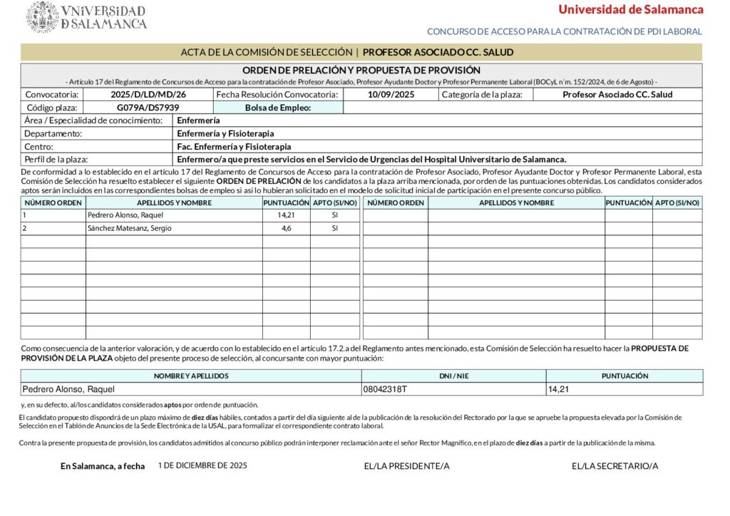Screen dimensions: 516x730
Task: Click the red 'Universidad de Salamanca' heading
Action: [x=630, y=9]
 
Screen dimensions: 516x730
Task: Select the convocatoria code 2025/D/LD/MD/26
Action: [x=148, y=94]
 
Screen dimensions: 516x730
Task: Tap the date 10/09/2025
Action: [x=391, y=94]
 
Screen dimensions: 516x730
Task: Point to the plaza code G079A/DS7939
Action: [x=148, y=108]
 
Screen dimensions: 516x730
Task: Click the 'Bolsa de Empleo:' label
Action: [x=278, y=108]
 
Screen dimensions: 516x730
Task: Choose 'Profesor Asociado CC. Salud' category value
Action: [x=617, y=94]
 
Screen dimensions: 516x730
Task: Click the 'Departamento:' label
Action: [x=53, y=133]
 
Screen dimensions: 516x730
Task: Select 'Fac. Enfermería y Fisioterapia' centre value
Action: [x=234, y=146]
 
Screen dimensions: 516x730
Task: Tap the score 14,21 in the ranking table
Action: [x=286, y=215]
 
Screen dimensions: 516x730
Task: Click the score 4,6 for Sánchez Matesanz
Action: [x=286, y=228]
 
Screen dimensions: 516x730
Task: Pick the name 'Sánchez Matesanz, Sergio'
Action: [x=129, y=228]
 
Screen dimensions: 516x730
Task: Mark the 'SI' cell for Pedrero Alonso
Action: [x=334, y=215]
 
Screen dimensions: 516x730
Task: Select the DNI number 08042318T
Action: [x=385, y=389]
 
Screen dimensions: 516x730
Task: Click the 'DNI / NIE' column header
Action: [x=453, y=376]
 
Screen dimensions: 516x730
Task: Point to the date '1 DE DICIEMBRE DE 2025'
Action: [x=202, y=465]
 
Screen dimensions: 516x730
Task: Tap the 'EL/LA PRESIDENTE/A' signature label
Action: [x=406, y=466]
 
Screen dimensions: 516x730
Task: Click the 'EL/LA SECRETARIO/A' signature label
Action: [x=615, y=466]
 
